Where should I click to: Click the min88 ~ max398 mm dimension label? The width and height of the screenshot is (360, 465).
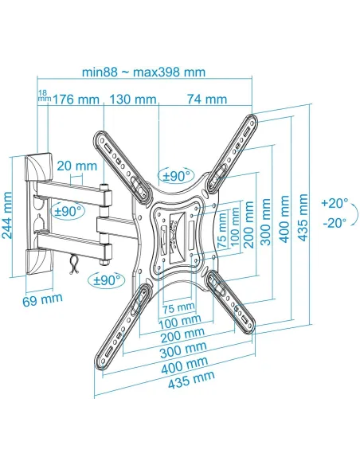click(143, 72)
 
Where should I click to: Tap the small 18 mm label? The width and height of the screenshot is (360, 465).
click(45, 96)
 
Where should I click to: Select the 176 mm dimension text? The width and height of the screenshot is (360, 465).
click(76, 99)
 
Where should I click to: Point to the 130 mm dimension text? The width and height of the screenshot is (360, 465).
click(133, 99)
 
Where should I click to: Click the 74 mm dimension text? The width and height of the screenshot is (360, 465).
click(207, 99)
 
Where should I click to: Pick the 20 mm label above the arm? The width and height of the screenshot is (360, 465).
click(76, 166)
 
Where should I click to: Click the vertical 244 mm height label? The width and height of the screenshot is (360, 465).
click(7, 215)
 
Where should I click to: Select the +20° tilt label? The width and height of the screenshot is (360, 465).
click(335, 204)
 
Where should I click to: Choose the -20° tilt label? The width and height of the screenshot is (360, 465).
click(335, 223)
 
